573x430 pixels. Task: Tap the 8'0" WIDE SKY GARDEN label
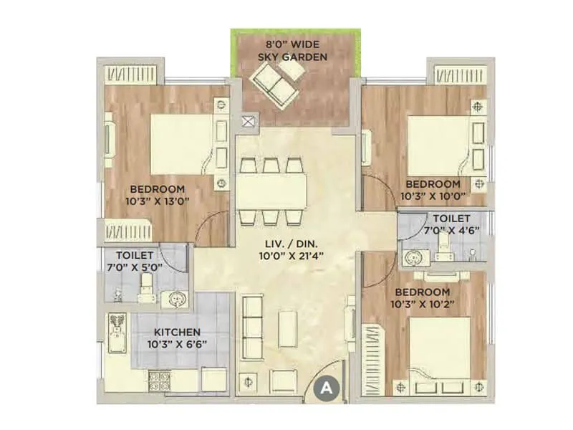294,50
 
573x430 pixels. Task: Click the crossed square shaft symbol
249,122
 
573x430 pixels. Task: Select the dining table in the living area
271,191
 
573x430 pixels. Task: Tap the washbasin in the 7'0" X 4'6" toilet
412,257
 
